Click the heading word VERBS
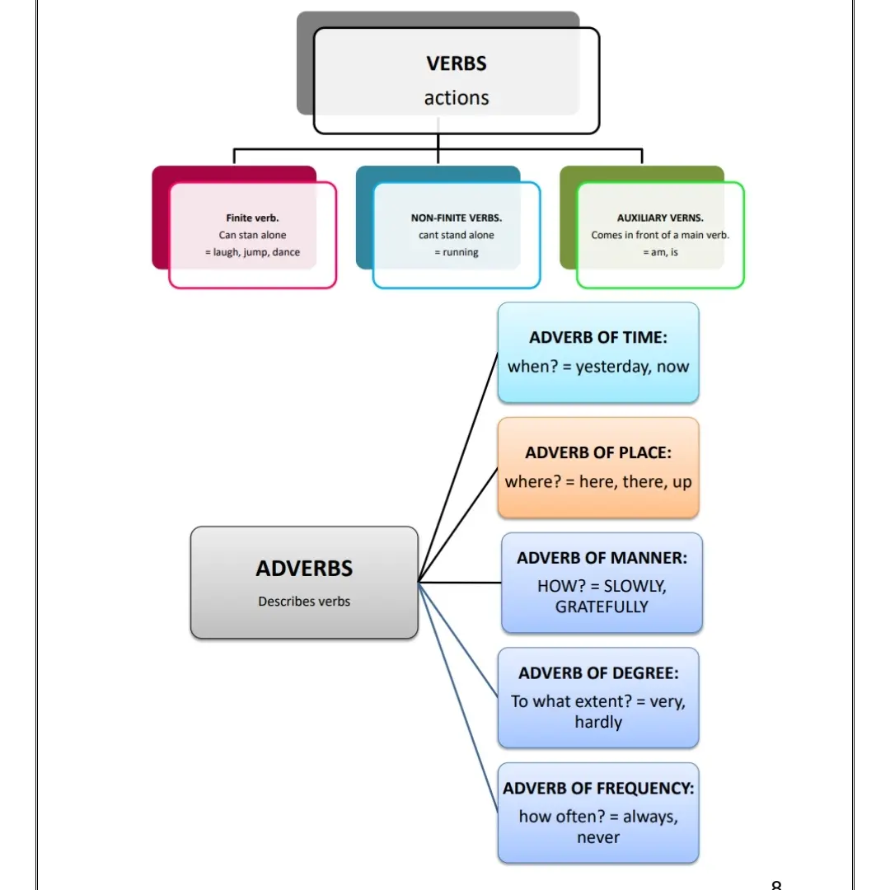(457, 63)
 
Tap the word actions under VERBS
(457, 98)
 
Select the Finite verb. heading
(252, 218)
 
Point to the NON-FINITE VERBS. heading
(457, 218)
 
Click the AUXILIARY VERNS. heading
(660, 218)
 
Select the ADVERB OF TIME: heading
(598, 337)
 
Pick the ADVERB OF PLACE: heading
(598, 452)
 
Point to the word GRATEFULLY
(602, 607)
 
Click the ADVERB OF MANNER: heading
(602, 558)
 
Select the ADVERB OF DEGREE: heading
(598, 673)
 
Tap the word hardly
(598, 723)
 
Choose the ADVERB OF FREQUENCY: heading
(598, 789)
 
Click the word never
(598, 838)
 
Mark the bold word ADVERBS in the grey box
(304, 569)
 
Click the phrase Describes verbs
(304, 602)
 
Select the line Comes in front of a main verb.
(660, 235)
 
